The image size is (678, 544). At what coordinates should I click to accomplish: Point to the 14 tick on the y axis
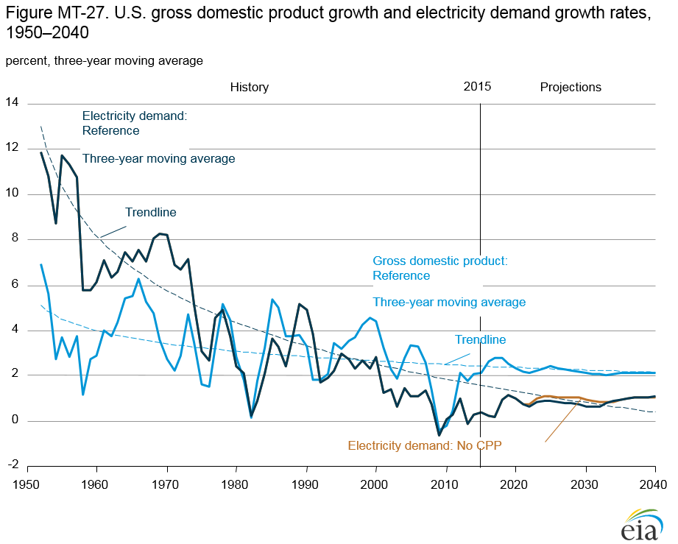(12, 103)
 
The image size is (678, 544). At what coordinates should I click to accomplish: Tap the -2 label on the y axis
(12, 466)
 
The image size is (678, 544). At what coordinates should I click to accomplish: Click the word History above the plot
(249, 87)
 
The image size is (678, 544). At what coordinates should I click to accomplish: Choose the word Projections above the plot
(571, 87)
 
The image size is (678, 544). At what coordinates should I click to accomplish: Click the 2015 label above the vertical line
(477, 86)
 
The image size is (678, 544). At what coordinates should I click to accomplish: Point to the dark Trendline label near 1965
(150, 212)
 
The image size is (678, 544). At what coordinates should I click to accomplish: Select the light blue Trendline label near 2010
(480, 339)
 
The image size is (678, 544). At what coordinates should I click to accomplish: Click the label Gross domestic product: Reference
(440, 268)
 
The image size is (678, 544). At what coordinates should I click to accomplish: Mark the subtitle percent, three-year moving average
(104, 60)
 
